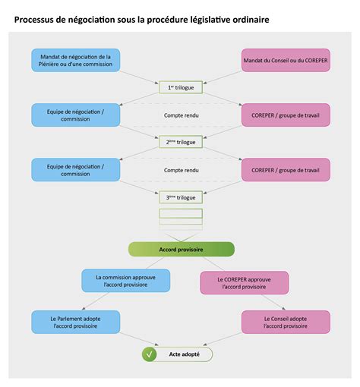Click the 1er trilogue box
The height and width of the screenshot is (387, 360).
coord(181,87)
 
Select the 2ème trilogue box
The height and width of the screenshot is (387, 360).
coord(181,142)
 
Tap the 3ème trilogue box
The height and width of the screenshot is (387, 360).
coord(181,197)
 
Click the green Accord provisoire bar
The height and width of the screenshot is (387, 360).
coord(181,249)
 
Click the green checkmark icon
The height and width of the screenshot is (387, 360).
coord(150,354)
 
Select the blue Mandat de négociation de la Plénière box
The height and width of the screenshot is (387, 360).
coord(75,60)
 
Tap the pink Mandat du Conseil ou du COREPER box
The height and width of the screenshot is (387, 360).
coord(286,60)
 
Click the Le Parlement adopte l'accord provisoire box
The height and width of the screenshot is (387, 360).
coord(75,322)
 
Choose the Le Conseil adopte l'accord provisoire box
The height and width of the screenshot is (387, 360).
coord(286,322)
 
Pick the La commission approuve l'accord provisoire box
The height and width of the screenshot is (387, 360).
coord(125,282)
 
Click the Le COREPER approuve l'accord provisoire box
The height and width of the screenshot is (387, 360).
coord(244,283)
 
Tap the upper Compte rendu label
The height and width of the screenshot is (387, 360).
coord(181,115)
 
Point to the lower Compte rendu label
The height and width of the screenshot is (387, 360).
coord(181,170)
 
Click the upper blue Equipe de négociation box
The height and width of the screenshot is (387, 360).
coord(75,115)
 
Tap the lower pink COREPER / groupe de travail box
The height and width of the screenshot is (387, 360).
coord(286,170)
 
